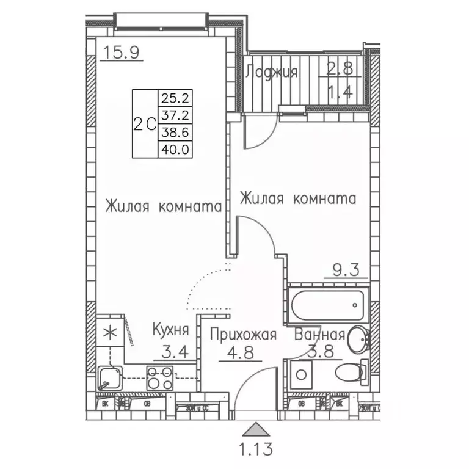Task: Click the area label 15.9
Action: pos(122,53)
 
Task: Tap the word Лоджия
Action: pos(271,72)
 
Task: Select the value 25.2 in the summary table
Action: pos(173,96)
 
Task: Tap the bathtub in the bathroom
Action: pos(327,304)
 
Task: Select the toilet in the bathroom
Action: pos(349,372)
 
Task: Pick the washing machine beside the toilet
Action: pos(301,374)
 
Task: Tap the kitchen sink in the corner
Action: pos(110,379)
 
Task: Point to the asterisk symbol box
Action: pos(111,333)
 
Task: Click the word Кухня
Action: pos(170,330)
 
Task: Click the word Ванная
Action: pos(319,335)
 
